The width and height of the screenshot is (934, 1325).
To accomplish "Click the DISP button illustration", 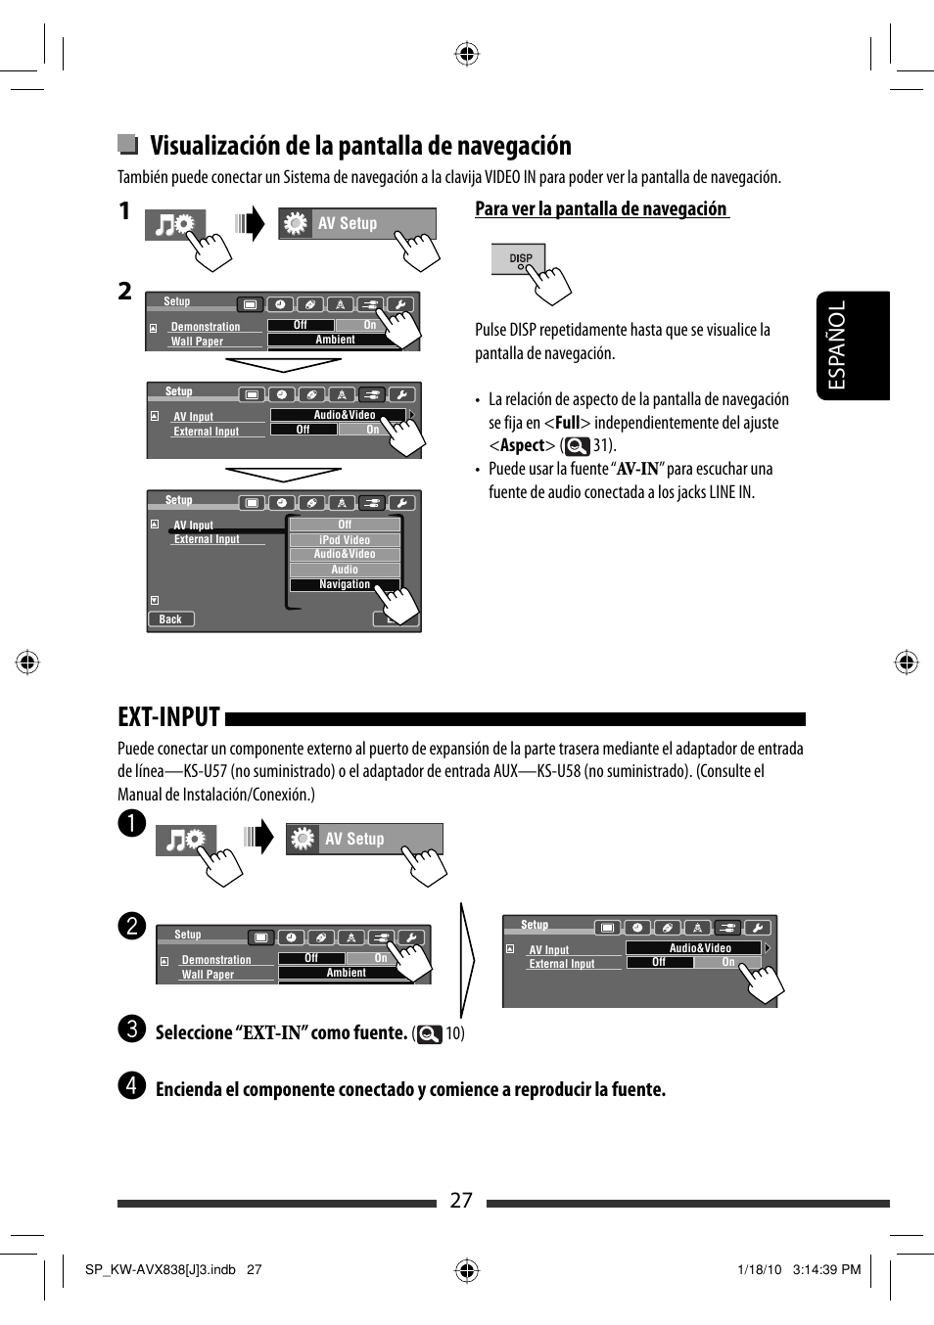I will coord(518,259).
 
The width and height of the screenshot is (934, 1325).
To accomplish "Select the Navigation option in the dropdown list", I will coord(345,584).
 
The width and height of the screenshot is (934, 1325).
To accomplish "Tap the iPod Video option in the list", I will coord(345,539).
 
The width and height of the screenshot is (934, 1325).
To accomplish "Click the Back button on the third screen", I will coord(170,619).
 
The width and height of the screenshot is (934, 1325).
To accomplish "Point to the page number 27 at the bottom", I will coord(461,1201).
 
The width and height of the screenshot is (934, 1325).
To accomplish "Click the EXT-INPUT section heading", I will coord(169,717).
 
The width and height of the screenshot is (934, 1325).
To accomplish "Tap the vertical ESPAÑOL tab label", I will coord(837,345).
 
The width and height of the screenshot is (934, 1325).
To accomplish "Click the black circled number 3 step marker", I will coord(131,1029).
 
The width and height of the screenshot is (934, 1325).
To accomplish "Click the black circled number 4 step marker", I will coord(131,1086).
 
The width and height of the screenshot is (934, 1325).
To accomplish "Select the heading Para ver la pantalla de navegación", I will coord(601,208).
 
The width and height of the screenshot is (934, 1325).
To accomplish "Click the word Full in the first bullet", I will coord(568,423).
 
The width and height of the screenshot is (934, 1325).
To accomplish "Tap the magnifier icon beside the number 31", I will coord(578,446).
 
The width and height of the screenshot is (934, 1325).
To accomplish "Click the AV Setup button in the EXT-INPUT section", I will coord(363,839).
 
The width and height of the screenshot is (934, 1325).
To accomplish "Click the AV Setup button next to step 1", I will coord(356,223).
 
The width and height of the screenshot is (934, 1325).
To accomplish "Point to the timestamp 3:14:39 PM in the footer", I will coord(826,1269).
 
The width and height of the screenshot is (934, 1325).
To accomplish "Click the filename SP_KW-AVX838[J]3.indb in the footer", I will coord(160,1269).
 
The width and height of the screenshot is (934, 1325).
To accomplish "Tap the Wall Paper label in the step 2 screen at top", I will coord(197,342).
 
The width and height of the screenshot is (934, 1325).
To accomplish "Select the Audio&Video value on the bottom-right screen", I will coord(699,948).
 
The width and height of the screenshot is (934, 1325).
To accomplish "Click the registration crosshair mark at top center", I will coord(467,54).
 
